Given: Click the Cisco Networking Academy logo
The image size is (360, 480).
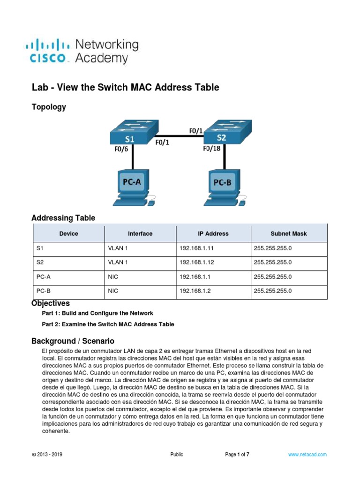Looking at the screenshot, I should (82, 51).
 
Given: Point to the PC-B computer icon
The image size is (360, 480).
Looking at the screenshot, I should (223, 187).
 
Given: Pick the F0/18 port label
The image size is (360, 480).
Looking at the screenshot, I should (211, 149).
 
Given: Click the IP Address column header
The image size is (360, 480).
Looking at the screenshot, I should (213, 233).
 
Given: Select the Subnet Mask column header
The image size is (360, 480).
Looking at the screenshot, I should (289, 233).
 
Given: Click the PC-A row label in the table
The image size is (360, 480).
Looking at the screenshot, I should (44, 277).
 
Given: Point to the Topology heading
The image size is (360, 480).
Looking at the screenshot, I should (49, 107).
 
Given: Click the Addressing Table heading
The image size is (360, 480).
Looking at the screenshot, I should (63, 218).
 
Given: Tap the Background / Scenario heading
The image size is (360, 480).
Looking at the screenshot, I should (73, 341).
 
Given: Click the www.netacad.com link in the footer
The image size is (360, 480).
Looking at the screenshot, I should (307, 454).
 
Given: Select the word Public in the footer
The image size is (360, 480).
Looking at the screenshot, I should (177, 454).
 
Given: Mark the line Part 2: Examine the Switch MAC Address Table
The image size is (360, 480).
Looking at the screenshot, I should (108, 324).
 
